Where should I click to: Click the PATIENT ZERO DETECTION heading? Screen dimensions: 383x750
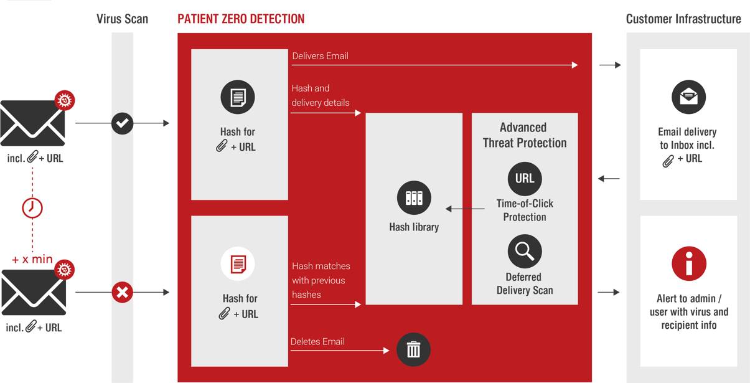click(241, 19)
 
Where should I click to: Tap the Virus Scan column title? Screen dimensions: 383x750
click(122, 19)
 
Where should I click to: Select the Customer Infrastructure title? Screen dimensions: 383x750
click(683, 19)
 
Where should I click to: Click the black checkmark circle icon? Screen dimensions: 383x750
click(123, 123)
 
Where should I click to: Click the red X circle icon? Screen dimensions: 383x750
click(123, 292)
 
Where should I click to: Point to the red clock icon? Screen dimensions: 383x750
click(32, 207)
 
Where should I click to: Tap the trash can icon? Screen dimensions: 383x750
click(413, 349)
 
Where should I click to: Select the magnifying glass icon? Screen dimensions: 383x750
click(525, 251)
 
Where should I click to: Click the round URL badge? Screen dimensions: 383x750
click(525, 179)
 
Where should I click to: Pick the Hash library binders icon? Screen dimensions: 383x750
click(414, 198)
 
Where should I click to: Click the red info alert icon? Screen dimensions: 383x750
click(688, 263)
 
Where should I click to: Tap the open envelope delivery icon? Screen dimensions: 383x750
click(688, 97)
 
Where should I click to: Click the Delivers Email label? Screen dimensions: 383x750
click(320, 56)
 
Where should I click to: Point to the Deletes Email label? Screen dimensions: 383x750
click(317, 341)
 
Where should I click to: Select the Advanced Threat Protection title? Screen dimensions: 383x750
click(524, 135)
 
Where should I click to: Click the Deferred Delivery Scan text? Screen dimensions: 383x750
click(524, 283)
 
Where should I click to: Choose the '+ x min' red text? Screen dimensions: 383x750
click(32, 259)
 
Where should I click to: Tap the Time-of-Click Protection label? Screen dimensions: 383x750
click(524, 210)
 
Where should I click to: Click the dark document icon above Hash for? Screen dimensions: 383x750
click(238, 97)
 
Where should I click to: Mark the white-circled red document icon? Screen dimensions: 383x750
click(238, 263)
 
